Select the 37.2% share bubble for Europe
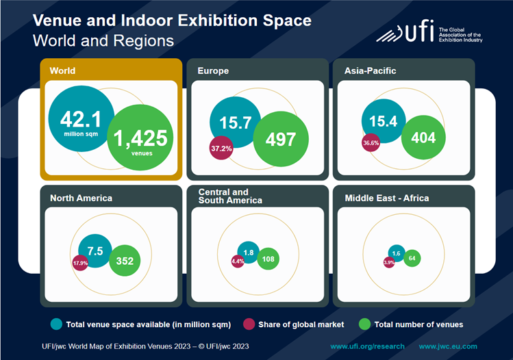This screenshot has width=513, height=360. [x=221, y=148]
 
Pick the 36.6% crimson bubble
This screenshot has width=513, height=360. [x=371, y=144]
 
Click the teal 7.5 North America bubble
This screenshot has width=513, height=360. [x=95, y=250]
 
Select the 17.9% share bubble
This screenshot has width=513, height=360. [x=81, y=263]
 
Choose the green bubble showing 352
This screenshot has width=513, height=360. [x=125, y=260]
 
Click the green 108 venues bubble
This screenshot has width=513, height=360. [x=268, y=259]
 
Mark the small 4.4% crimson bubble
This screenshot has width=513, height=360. [x=238, y=261]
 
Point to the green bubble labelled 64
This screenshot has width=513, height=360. [x=412, y=258]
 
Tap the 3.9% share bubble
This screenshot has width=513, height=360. [x=389, y=262]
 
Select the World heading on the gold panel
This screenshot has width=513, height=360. [x=63, y=70]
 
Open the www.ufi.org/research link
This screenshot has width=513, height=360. [x=367, y=346]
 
